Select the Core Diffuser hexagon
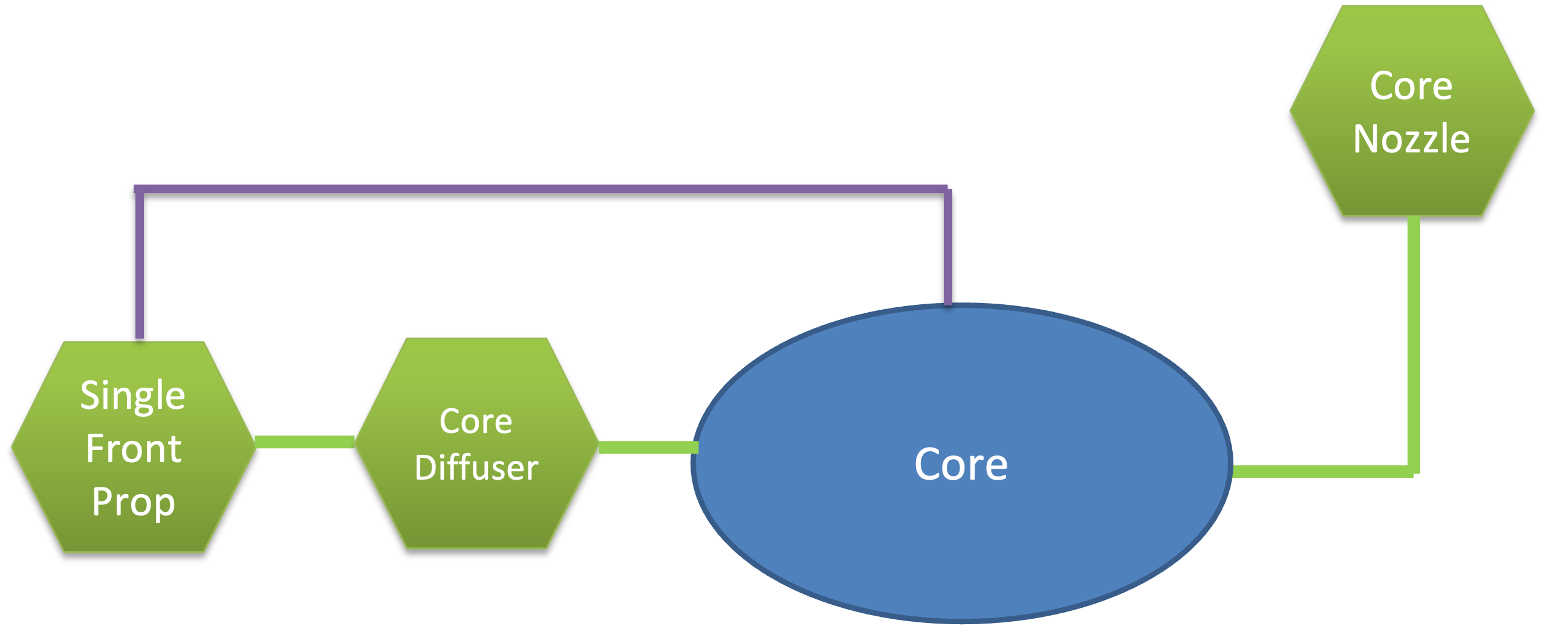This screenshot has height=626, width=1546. coord(476,443)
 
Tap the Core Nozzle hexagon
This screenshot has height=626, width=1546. coord(1412,111)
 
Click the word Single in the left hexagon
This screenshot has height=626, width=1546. coord(133,396)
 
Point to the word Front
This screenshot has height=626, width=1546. coord(134,449)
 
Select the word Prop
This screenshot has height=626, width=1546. coord(134,502)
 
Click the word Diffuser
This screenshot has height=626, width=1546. coord(476,468)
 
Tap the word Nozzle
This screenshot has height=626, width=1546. coord(1412,139)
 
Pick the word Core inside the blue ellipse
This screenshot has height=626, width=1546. coord(961,464)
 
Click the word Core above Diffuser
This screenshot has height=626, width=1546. coord(476,421)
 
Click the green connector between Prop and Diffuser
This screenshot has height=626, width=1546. coord(305,442)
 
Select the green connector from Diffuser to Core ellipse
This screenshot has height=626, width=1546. coord(648,448)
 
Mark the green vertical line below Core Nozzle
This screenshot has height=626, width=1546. coord(1414,339)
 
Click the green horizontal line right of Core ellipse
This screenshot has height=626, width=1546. coord(1318,472)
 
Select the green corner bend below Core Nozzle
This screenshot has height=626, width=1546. coord(1414,471)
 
